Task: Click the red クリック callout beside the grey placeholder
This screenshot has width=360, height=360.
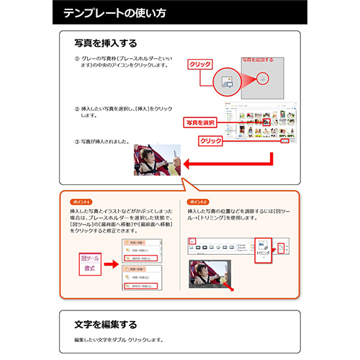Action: (199, 65)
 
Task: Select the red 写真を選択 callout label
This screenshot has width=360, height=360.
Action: (200, 122)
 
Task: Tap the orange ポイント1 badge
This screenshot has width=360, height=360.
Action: (81, 201)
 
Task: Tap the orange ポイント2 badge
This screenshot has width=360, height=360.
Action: (197, 201)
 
